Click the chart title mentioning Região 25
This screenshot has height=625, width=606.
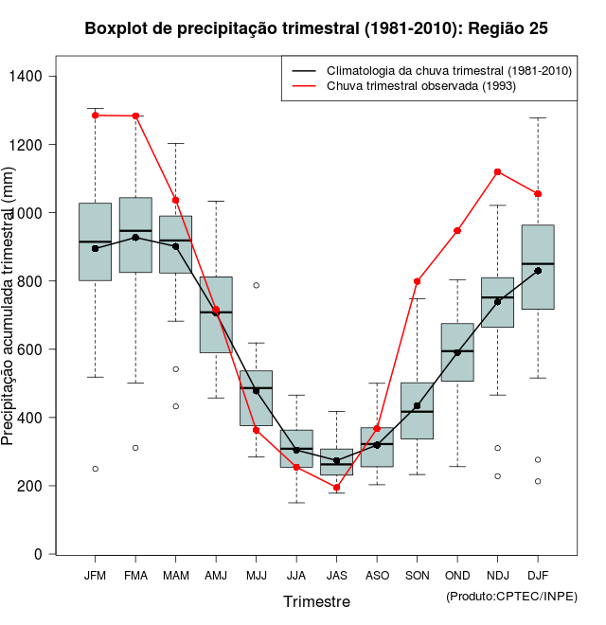(316, 28)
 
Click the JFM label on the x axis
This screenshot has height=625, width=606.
(95, 575)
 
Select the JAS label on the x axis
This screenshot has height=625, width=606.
(337, 575)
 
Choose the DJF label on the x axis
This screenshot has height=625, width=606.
(538, 575)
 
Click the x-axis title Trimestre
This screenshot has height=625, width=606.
(316, 601)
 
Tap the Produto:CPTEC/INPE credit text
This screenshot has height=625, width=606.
(511, 596)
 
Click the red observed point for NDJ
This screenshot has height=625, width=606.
(498, 171)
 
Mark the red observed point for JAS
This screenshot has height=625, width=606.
(337, 487)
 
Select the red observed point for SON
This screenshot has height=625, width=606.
(418, 281)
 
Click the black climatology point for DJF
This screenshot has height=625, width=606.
(538, 271)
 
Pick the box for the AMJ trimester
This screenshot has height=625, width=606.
(216, 314)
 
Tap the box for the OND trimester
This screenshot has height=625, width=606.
(457, 351)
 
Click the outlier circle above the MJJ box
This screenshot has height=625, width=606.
(257, 285)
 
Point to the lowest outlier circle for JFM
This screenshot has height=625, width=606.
(95, 469)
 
